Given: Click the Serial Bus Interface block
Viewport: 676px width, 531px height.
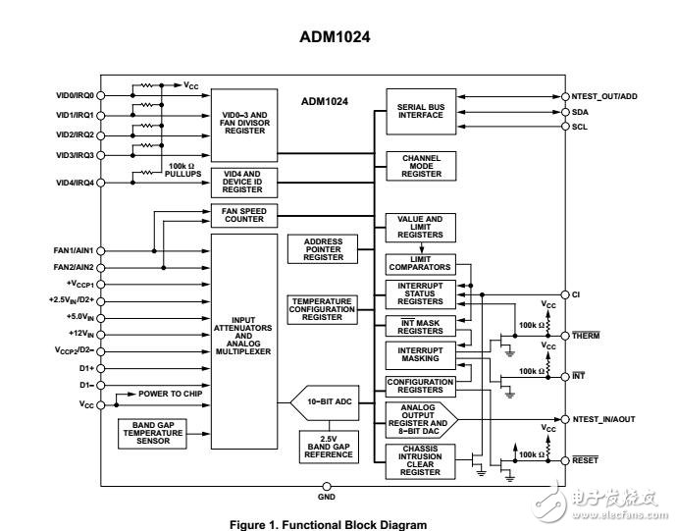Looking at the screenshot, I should (420, 111).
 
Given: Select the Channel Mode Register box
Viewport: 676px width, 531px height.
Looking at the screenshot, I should (420, 166).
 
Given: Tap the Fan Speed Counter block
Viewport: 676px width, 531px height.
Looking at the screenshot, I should (244, 215).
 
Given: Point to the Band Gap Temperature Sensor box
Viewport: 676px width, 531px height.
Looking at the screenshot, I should (154, 435).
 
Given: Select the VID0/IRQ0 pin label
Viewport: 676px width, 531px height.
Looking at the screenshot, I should (75, 95).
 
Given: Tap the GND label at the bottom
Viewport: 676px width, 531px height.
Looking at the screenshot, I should (327, 497).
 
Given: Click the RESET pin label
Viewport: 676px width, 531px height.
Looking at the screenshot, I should (587, 459).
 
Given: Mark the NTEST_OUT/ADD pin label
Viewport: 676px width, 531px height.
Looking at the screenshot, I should (603, 97).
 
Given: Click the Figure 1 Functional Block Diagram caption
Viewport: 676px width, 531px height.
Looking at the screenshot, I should (328, 525).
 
